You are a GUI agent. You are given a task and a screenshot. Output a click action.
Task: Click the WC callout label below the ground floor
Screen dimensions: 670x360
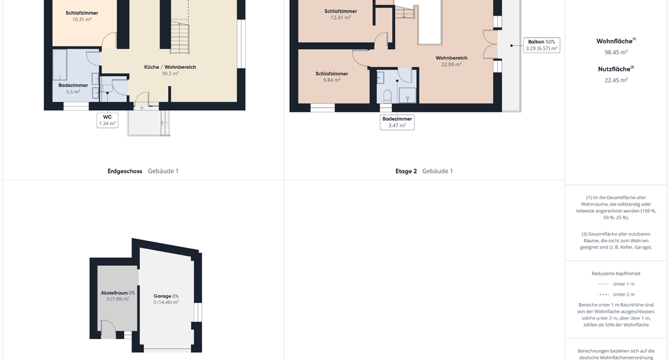(107, 120)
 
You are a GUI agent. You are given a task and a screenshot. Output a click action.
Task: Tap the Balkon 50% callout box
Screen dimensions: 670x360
(542, 45)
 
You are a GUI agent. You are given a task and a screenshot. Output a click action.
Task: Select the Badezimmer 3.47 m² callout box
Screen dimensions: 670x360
(397, 122)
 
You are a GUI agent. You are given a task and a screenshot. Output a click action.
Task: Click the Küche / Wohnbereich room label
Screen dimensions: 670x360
(170, 67)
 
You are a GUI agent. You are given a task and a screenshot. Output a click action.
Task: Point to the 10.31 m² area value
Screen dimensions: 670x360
(82, 19)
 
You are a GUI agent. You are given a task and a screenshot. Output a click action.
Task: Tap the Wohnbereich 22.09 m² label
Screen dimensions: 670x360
(451, 61)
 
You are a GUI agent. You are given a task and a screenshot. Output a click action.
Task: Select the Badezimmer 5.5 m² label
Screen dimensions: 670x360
(73, 88)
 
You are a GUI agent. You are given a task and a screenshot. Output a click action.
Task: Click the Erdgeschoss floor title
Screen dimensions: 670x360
(125, 171)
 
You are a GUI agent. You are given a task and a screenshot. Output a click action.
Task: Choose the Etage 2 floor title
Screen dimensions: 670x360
(406, 171)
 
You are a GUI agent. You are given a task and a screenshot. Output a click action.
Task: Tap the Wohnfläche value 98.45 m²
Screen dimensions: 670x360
(616, 52)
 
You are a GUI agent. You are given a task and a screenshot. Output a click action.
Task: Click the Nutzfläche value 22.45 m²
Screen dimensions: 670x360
(616, 80)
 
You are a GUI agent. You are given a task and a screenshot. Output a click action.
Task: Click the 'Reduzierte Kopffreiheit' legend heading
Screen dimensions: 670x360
(616, 274)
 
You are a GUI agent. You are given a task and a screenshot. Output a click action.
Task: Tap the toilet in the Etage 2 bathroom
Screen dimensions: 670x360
(387, 96)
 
